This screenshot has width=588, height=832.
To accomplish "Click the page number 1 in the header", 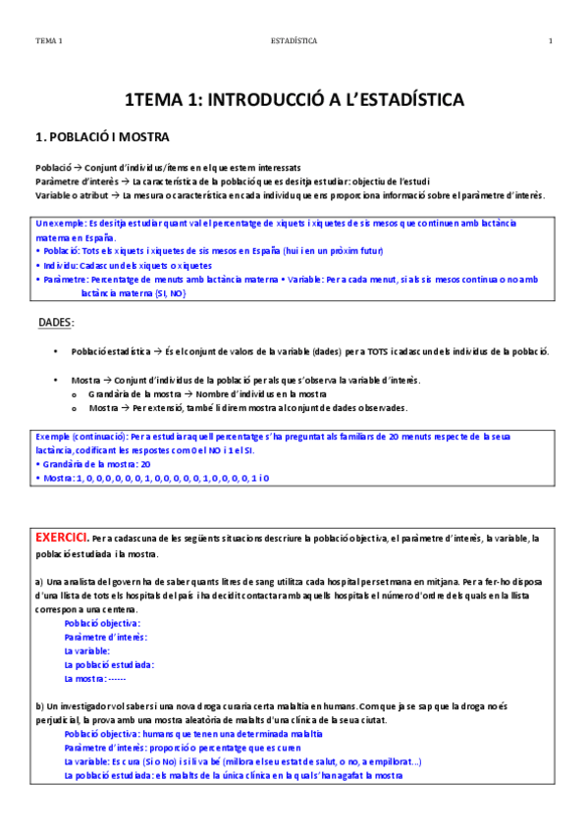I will [551, 41].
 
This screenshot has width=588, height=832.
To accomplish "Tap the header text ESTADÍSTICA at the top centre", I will [294, 41].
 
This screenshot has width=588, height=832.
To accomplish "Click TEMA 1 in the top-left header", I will [48, 41].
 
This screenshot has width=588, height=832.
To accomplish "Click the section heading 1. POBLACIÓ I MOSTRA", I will [101, 136].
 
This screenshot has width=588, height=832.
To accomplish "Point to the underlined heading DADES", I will [56, 322].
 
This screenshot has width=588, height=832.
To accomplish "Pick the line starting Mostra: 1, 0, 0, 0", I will [152, 478].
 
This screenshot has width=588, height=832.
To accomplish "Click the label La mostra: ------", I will [95, 678].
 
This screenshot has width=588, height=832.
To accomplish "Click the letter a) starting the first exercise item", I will [38, 581].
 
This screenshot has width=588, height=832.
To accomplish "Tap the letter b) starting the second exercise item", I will [39, 705].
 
